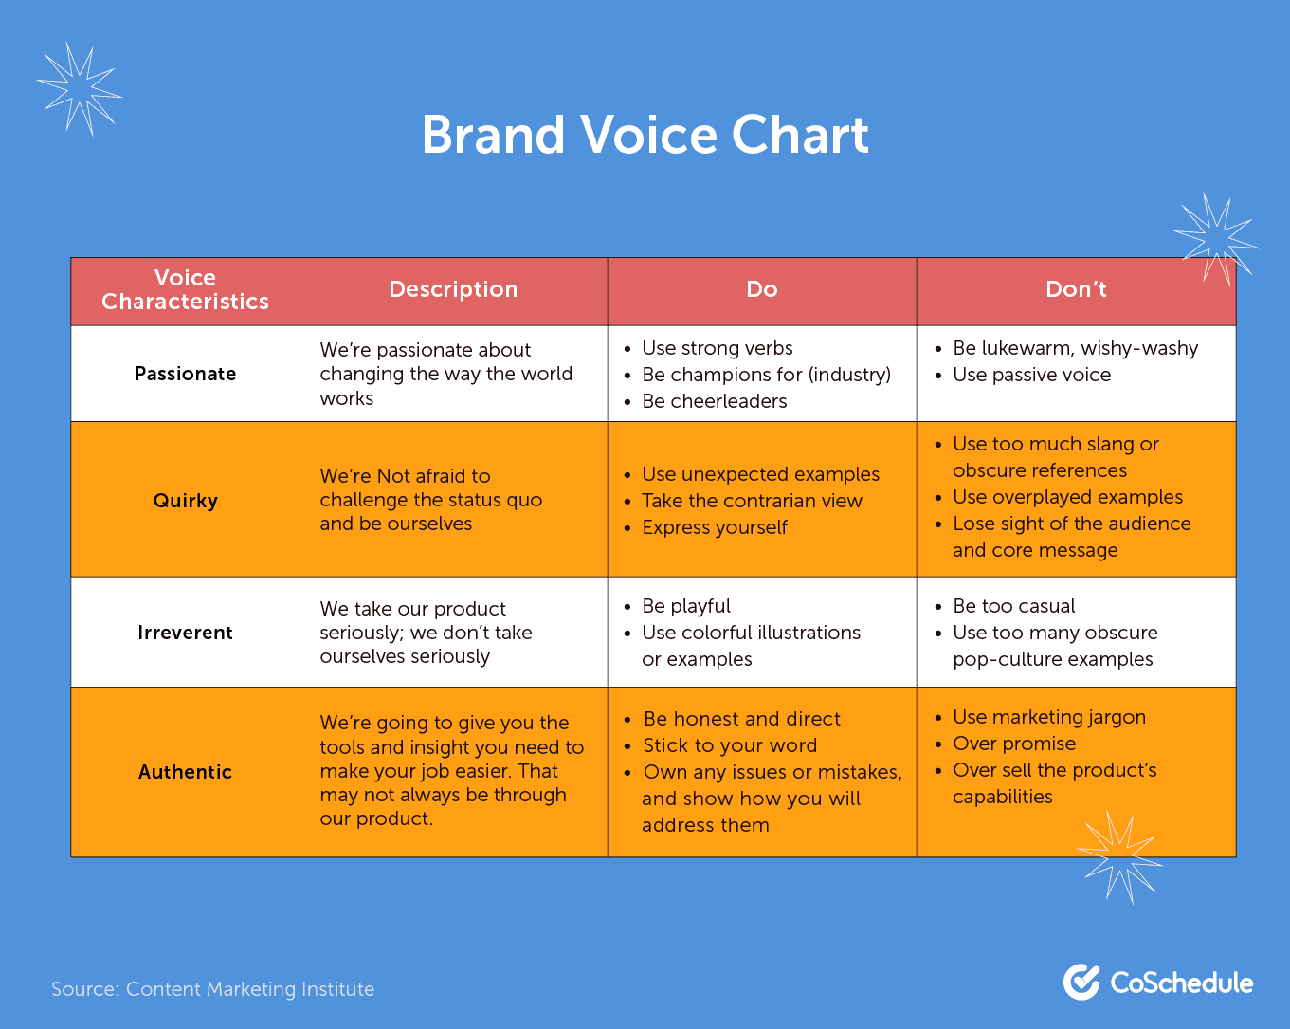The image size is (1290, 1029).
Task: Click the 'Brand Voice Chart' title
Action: click(645, 135)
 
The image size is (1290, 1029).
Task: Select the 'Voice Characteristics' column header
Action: click(185, 289)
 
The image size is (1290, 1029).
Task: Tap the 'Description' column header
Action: click(453, 289)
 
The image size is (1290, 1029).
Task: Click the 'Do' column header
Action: click(762, 289)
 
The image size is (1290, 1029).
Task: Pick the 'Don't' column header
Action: click(1076, 289)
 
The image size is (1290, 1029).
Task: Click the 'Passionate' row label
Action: click(185, 374)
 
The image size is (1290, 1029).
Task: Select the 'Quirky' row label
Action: click(185, 501)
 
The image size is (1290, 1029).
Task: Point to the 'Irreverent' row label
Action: click(185, 633)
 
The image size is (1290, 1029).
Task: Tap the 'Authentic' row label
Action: click(185, 772)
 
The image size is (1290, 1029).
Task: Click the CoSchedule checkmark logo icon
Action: click(1081, 983)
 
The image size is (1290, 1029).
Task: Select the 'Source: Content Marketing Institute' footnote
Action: click(213, 989)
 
